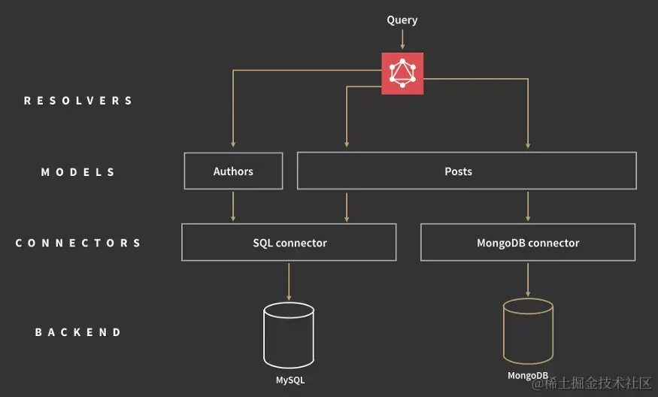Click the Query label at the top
[402, 20]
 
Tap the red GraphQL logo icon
[402, 74]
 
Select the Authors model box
[233, 171]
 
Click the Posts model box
[466, 171]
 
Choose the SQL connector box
[289, 243]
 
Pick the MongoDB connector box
[527, 243]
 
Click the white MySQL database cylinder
[289, 335]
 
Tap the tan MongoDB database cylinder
[528, 330]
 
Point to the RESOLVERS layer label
[78, 101]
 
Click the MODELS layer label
[78, 172]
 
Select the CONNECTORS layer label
[78, 244]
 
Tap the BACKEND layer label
[78, 332]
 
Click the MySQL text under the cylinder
[290, 380]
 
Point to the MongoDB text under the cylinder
[527, 375]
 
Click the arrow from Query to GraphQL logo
[402, 40]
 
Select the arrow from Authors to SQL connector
[233, 206]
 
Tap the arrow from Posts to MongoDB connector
[528, 206]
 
